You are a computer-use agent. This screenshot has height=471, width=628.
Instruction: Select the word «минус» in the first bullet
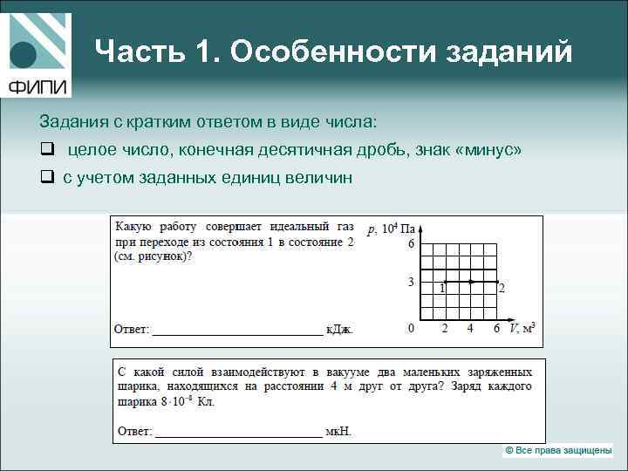488,150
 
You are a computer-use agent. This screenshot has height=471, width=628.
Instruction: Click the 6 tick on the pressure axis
411,244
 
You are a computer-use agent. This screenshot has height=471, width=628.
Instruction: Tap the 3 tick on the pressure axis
411,282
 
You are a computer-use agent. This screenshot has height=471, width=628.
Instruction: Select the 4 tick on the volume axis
470,329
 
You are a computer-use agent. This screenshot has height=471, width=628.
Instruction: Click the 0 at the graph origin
411,329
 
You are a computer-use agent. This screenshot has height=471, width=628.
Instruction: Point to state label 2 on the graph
502,288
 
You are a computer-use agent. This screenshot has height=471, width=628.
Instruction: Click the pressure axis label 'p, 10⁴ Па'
389,229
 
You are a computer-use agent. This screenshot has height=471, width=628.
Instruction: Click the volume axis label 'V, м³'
522,329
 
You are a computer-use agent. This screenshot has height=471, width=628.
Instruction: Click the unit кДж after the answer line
340,330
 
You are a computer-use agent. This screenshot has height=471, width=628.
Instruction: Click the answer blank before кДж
237,330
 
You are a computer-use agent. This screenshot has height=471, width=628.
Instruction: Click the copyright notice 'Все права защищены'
558,450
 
